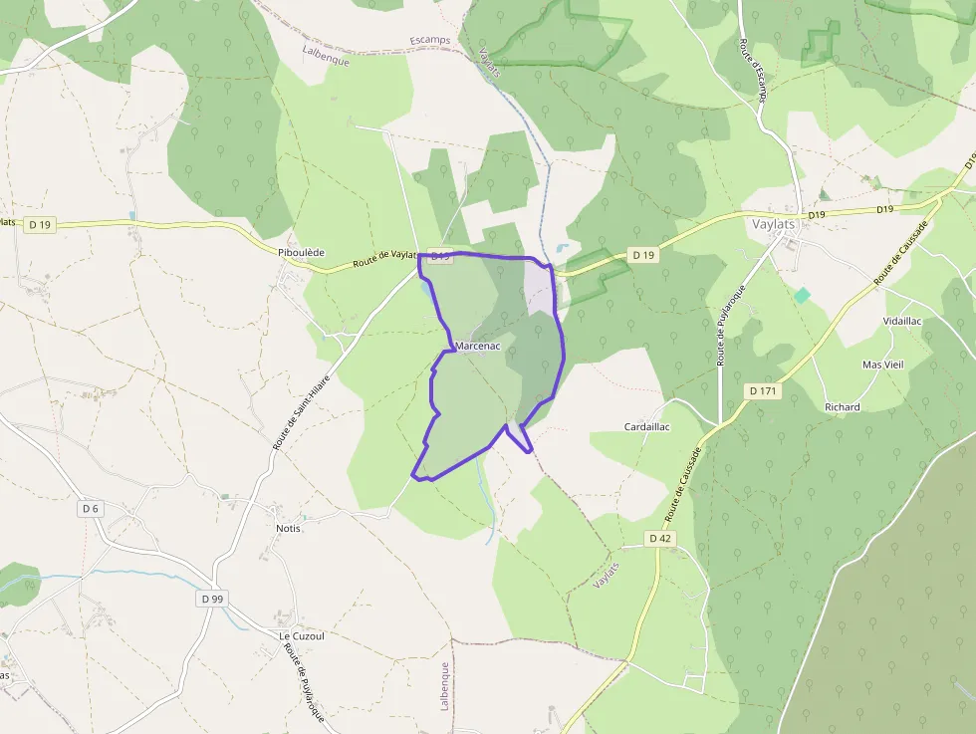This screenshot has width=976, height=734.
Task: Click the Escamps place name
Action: click(430, 41)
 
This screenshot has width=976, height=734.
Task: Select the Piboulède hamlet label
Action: click(302, 253)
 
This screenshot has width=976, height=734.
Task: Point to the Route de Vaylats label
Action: click(384, 260)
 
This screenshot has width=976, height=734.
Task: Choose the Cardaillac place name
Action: click(647, 426)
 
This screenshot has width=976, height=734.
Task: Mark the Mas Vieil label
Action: click(882, 365)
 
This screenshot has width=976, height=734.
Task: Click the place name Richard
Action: click(842, 407)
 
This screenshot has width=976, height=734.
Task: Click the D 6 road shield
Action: click(91, 509)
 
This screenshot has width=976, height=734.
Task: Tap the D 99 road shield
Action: click(212, 599)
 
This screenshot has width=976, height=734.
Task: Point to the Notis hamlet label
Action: click(288, 528)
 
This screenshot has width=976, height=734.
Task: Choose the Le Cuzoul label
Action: click(302, 635)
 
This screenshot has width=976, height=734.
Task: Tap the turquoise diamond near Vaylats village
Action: click(802, 295)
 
